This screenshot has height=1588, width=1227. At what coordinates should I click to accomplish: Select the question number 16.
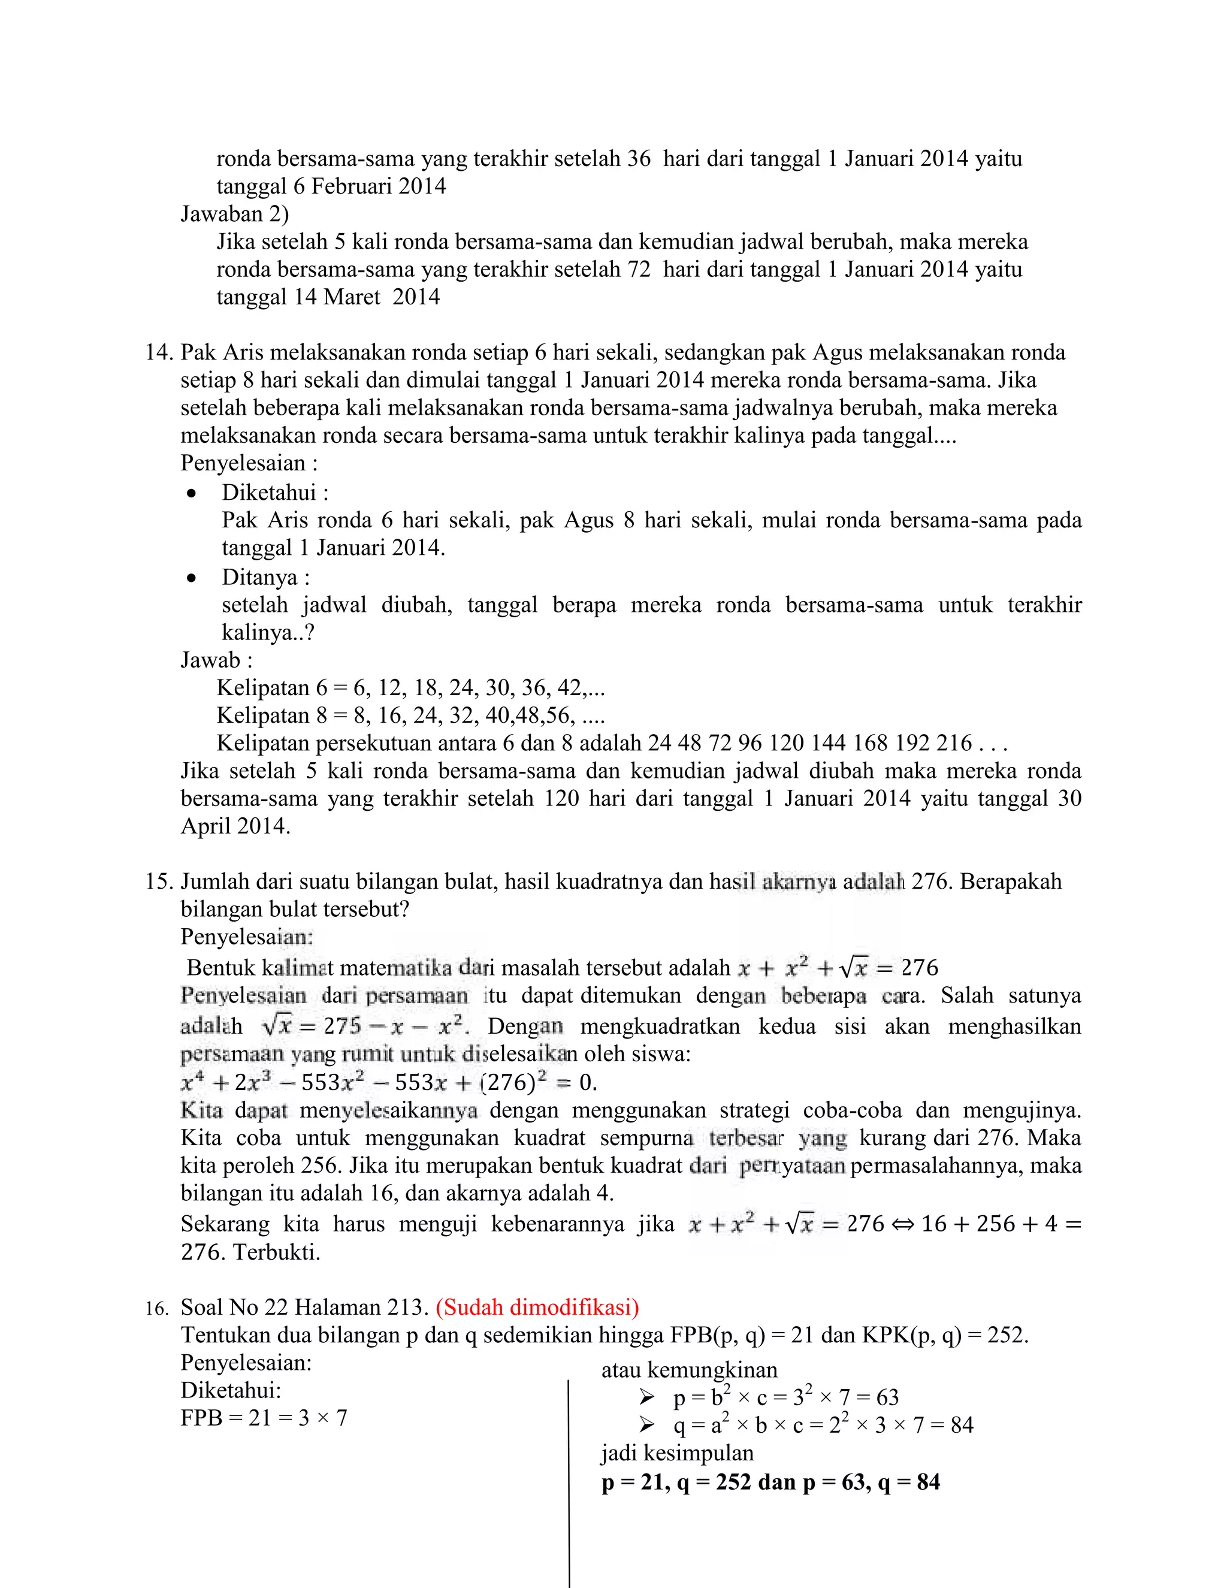156,1309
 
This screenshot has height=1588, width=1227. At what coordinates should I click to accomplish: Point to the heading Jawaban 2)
234,214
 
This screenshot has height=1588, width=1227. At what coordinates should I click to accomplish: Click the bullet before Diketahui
191,494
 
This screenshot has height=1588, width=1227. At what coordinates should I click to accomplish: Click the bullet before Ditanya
191,579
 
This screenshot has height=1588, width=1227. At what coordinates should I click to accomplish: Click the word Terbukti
276,1252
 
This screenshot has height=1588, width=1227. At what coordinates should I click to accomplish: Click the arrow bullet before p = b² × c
647,1397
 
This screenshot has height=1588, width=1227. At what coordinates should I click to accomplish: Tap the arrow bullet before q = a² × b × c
647,1424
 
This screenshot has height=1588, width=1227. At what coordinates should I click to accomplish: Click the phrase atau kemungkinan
689,1370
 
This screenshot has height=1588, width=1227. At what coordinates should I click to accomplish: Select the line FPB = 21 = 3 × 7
264,1418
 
